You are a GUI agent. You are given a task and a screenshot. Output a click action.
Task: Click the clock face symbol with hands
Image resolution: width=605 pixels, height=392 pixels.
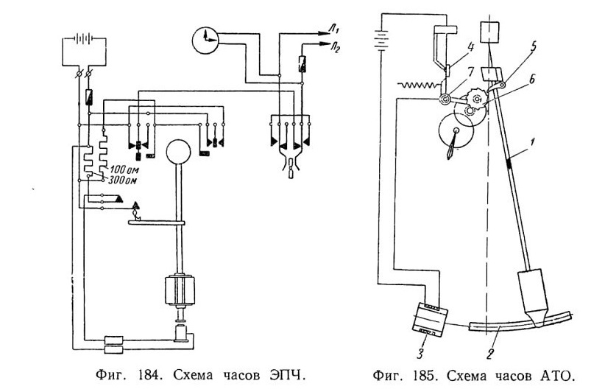pyautogui.click(x=205, y=41)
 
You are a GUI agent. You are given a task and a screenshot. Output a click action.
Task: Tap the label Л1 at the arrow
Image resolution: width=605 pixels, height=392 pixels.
pyautogui.click(x=333, y=28)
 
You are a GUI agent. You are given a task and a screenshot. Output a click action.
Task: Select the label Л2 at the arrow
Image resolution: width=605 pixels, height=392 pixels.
pyautogui.click(x=335, y=49)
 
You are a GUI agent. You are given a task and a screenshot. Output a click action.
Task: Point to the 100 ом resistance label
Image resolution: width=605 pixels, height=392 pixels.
pyautogui.click(x=124, y=169)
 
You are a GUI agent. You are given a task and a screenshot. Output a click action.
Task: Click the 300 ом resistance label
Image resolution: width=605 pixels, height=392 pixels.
pyautogui.click(x=124, y=181)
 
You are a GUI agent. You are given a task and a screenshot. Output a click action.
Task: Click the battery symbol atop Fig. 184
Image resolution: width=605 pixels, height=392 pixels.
pyautogui.click(x=84, y=38)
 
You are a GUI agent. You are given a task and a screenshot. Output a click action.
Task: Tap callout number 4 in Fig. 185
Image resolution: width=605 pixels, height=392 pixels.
pyautogui.click(x=470, y=47)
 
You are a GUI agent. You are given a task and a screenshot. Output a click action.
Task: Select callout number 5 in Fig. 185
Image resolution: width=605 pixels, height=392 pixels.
pyautogui.click(x=533, y=46)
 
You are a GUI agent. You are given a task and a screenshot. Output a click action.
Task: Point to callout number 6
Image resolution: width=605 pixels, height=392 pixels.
pyautogui.click(x=531, y=80)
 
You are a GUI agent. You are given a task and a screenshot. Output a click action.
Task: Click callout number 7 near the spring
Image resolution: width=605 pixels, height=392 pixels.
pyautogui.click(x=470, y=71)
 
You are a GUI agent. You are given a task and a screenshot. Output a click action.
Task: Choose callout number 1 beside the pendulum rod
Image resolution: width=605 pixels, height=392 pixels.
pyautogui.click(x=531, y=142)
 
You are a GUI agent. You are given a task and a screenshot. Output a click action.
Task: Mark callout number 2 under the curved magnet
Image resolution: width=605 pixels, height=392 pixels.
pyautogui.click(x=489, y=354)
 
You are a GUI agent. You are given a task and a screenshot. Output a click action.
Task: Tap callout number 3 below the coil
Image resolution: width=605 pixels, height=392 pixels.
pyautogui.click(x=420, y=353)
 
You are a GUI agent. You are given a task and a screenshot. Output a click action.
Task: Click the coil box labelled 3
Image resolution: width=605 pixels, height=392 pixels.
pyautogui.click(x=430, y=318)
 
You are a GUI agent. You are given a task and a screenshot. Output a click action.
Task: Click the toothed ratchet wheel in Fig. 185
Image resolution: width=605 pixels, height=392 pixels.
pyautogui.click(x=476, y=99)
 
